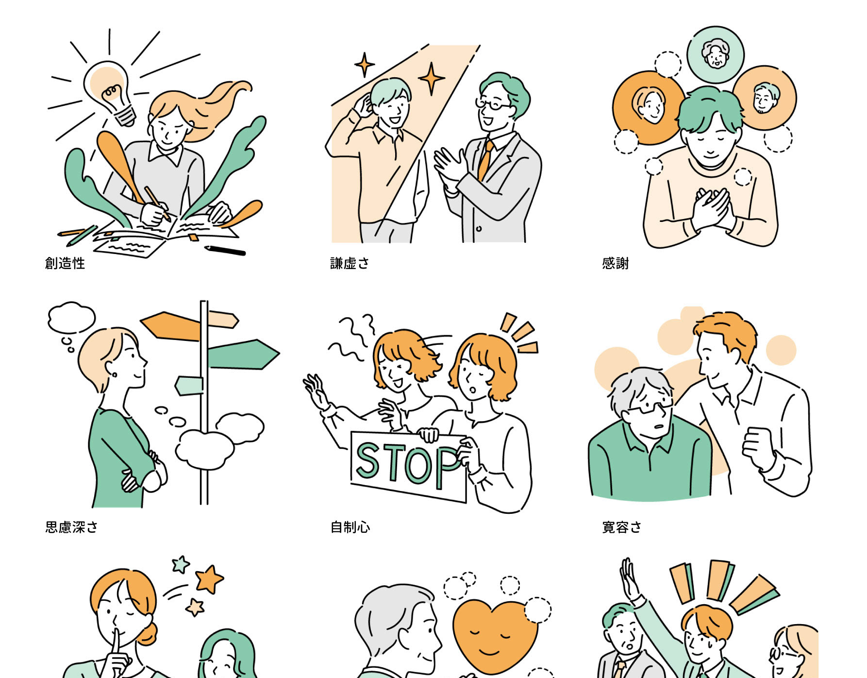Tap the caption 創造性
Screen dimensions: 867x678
tap(65, 263)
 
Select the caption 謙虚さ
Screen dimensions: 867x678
tap(350, 263)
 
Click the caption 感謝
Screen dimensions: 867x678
tap(615, 263)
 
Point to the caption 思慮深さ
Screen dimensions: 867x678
tap(72, 527)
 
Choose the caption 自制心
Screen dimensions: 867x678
tap(350, 527)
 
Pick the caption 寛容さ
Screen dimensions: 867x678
tap(622, 527)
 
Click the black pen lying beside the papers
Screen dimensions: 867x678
tap(225, 251)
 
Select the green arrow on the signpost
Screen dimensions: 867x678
tap(243, 354)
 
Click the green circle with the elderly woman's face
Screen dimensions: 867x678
tap(716, 54)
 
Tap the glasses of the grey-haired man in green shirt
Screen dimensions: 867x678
tap(648, 408)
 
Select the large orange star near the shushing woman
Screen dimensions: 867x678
tap(209, 578)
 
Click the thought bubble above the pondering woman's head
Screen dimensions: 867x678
tap(71, 318)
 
